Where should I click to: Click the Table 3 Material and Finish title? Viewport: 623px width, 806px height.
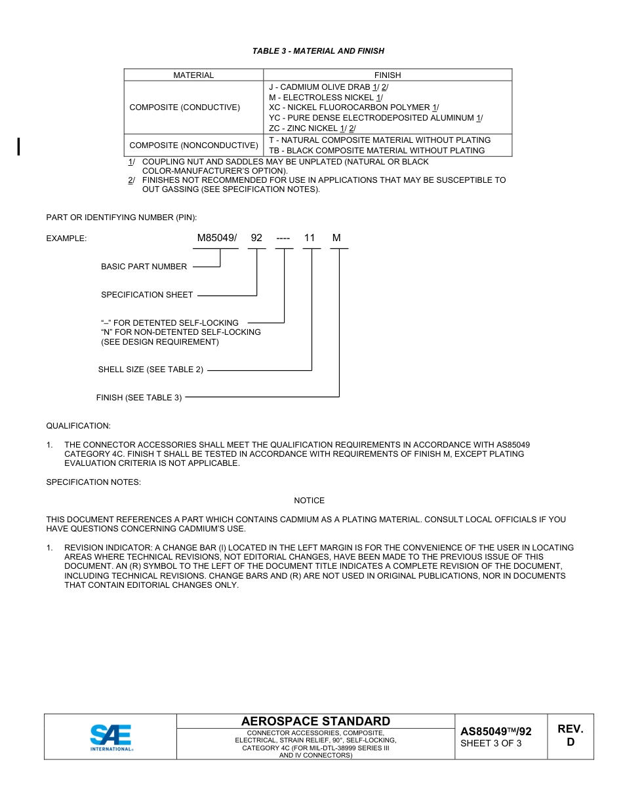point(318,51)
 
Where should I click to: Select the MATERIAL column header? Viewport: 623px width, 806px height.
point(193,75)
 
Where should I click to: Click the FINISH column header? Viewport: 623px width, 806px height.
point(388,75)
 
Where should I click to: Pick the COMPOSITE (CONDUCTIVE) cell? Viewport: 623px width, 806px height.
point(185,107)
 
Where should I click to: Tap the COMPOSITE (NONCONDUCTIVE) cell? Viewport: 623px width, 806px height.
point(193,145)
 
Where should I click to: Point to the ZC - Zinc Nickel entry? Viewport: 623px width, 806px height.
point(312,128)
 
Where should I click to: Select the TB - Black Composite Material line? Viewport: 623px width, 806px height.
point(376,151)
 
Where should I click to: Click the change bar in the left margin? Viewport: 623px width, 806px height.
point(19,146)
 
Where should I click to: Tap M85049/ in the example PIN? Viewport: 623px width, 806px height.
point(216,239)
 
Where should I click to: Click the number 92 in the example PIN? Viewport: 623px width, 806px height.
point(256,239)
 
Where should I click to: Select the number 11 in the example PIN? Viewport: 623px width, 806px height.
point(310,239)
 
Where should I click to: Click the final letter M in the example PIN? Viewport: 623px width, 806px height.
point(336,239)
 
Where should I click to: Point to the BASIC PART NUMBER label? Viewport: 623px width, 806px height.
point(144,267)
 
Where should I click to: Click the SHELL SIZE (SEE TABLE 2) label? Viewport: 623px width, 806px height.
point(150,370)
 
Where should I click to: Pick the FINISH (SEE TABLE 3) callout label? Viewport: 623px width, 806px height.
point(139,398)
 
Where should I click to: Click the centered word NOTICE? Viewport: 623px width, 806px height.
point(309,501)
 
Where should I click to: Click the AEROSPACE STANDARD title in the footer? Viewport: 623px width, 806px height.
point(315,721)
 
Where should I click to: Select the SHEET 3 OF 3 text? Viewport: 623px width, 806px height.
point(491,744)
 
